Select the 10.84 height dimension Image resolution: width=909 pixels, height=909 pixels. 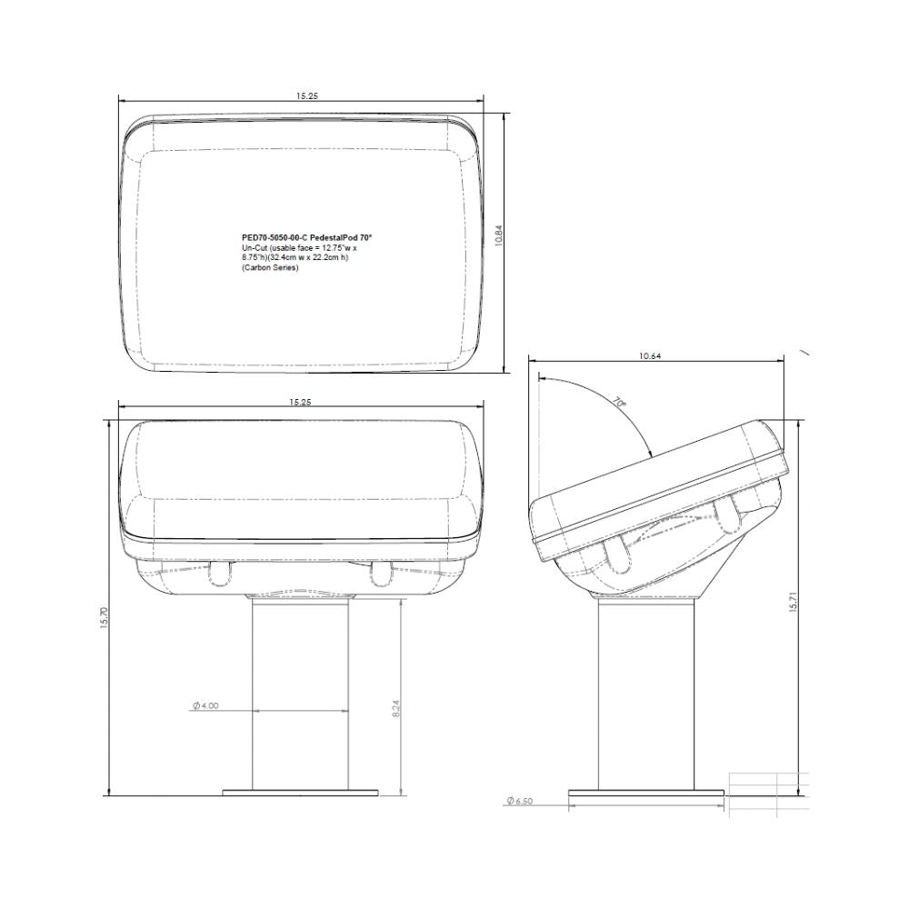click(498, 235)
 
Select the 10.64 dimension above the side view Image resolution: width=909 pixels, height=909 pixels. click(649, 356)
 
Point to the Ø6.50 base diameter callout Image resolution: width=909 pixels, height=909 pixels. click(517, 801)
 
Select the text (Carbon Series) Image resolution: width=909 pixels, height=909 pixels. click(270, 267)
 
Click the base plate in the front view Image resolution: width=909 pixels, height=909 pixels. click(301, 792)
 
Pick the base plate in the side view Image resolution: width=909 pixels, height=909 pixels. click(646, 792)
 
